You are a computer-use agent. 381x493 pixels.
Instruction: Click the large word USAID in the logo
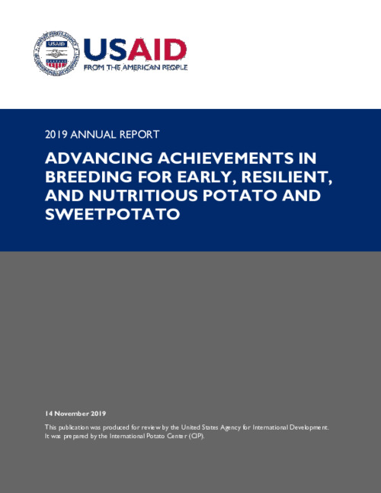coord(134,50)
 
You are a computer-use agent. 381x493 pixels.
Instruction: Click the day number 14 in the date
coord(50,412)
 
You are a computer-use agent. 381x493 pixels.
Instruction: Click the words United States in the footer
coord(213,427)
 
